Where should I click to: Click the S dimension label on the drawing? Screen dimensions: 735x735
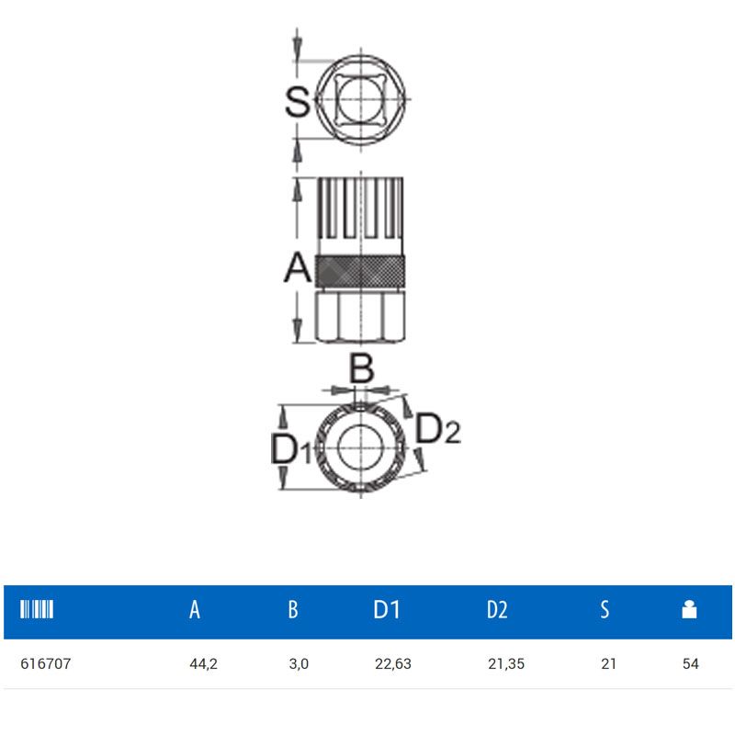[298, 101]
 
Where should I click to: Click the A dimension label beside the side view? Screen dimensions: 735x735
[298, 267]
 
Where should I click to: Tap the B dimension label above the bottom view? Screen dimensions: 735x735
[361, 368]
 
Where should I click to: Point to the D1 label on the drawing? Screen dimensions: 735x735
[291, 449]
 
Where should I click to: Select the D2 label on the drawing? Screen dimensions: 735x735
[438, 428]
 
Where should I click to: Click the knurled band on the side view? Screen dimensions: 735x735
[359, 271]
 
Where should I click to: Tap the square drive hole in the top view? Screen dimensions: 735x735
[360, 100]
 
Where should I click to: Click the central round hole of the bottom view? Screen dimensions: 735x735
[360, 447]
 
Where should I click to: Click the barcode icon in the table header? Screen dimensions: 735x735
[37, 609]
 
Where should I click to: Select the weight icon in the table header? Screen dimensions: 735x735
[689, 609]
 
